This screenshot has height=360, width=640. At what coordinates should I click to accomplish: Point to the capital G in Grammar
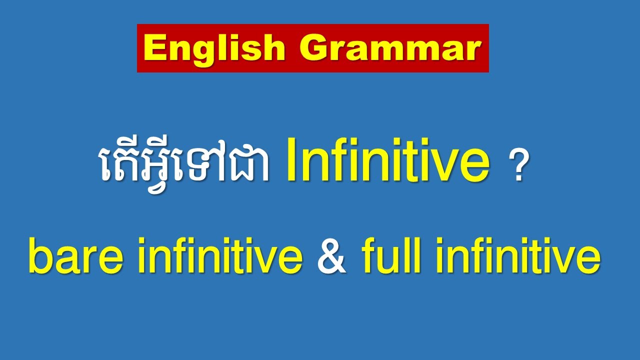(x=314, y=48)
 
